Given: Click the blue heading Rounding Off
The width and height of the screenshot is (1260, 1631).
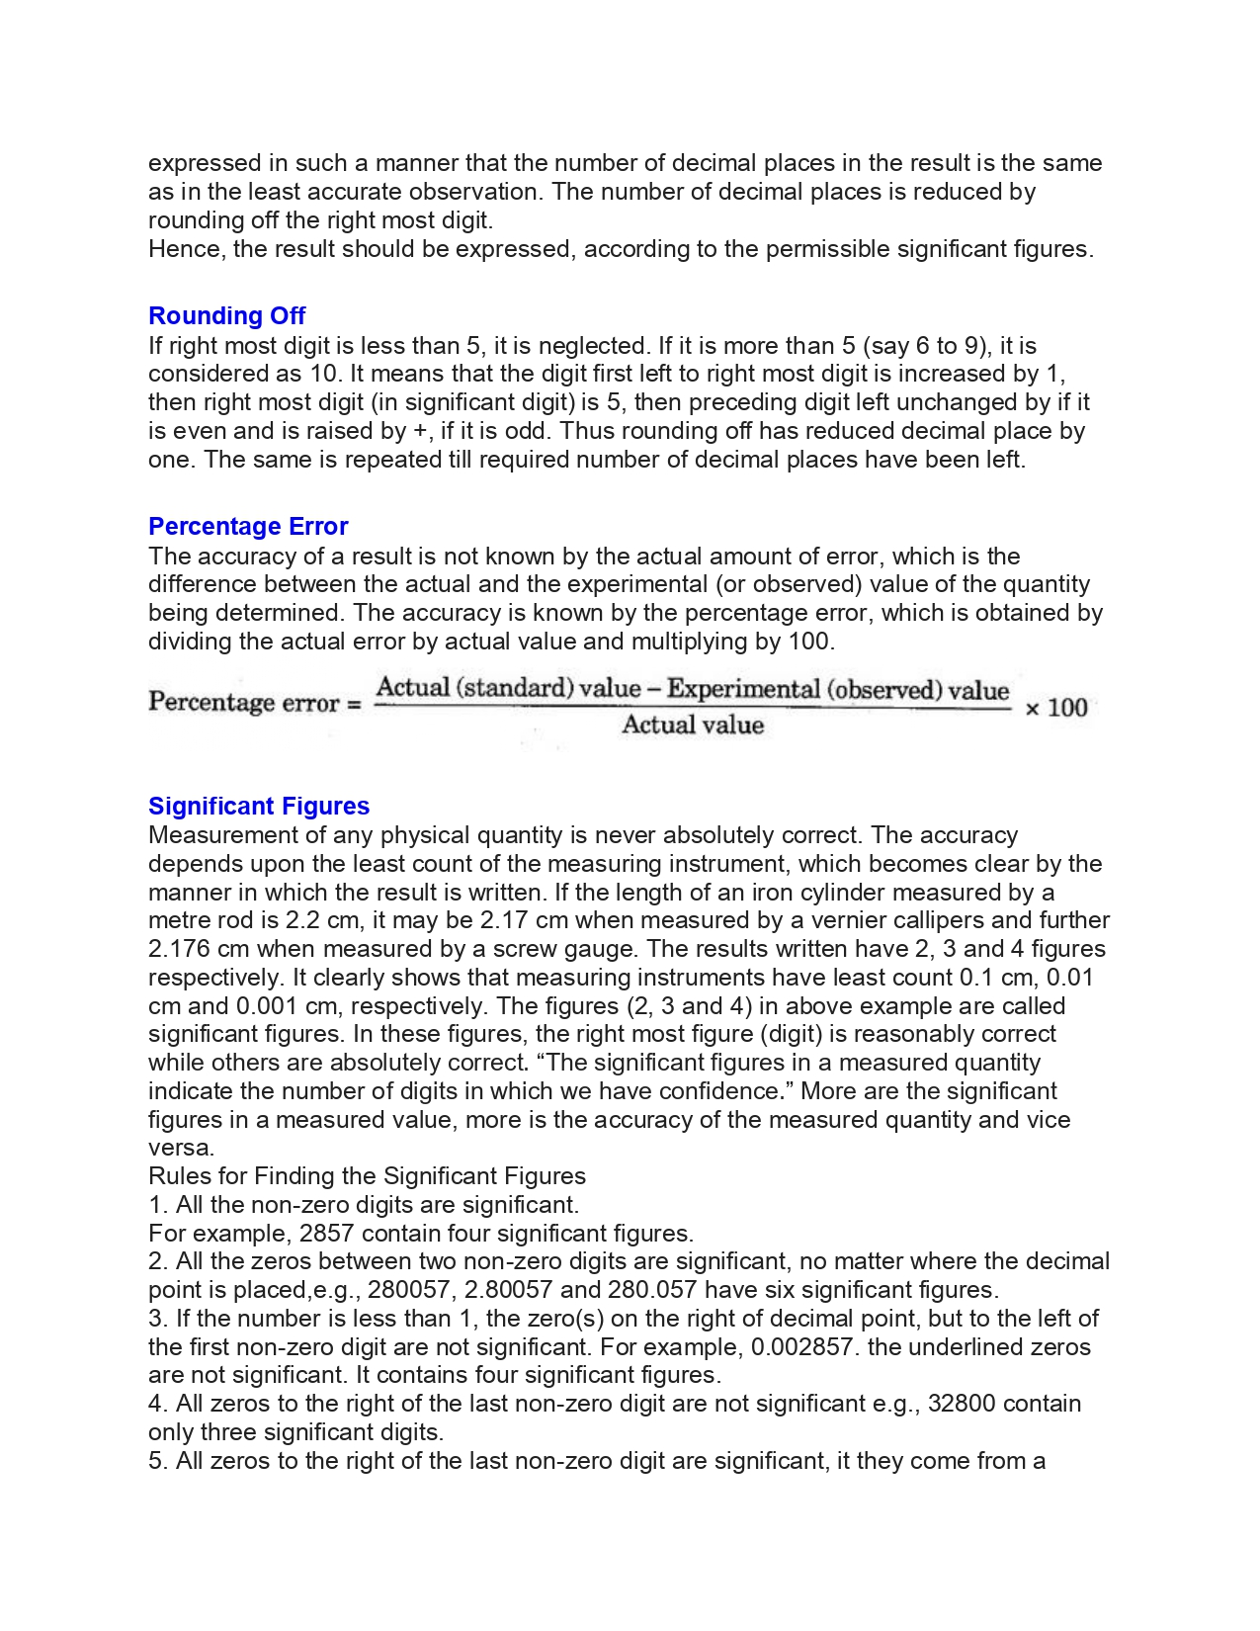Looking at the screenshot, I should click(x=226, y=316).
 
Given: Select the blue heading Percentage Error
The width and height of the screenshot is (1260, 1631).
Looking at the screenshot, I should click(x=248, y=527).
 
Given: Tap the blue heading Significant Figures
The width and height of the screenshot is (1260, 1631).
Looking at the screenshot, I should click(x=259, y=807).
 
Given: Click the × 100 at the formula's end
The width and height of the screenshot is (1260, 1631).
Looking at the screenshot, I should click(x=1055, y=708).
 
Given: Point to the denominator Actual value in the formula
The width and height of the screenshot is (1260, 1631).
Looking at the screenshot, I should click(x=693, y=726).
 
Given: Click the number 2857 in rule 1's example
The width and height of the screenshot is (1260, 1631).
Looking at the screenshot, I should click(x=326, y=1234).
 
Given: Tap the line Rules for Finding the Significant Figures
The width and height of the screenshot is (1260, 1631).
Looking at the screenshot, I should click(x=367, y=1176).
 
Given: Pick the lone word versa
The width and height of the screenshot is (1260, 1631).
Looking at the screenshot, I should click(x=180, y=1149).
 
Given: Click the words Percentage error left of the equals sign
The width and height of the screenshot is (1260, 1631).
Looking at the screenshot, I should click(x=244, y=703).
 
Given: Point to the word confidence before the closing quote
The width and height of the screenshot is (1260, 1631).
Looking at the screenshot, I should click(x=722, y=1091).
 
